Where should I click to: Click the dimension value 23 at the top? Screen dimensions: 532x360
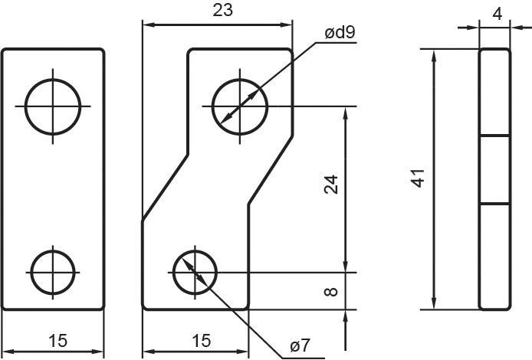click(x=223, y=10)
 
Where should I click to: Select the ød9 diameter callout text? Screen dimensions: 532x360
click(x=340, y=32)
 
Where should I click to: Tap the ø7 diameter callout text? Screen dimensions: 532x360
click(x=300, y=345)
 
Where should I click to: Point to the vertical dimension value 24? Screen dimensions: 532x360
click(x=331, y=185)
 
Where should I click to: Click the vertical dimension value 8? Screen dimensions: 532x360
click(x=331, y=292)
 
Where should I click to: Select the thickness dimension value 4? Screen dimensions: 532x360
click(x=497, y=15)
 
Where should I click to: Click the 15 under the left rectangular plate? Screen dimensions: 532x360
click(x=57, y=341)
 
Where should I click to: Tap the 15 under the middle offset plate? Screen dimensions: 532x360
click(x=201, y=341)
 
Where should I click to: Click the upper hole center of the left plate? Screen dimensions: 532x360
click(x=53, y=106)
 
